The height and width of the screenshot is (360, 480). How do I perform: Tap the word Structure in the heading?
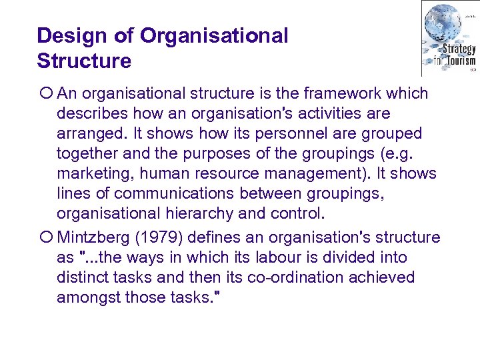(x=84, y=61)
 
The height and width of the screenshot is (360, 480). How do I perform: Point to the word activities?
(x=319, y=114)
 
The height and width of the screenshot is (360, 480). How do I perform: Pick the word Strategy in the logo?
(x=459, y=49)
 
